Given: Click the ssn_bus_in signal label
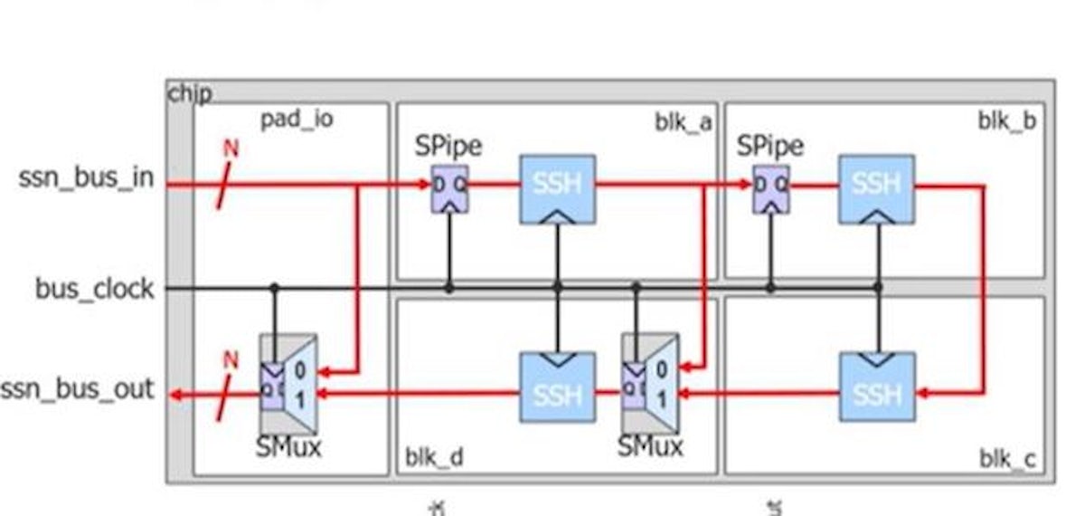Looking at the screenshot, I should (x=86, y=178).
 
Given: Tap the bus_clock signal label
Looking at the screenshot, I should (x=95, y=290).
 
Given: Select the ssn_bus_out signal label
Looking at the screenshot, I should (x=77, y=392).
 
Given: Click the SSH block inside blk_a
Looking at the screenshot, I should (x=557, y=188).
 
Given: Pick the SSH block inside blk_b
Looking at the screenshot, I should (x=875, y=188).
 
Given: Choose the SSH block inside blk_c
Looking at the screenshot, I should (x=876, y=387).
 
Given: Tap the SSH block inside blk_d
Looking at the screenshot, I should (x=557, y=387).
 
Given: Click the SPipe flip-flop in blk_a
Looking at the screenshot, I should (x=448, y=188).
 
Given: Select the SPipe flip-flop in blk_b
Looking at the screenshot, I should (x=770, y=188).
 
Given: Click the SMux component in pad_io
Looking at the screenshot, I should (x=288, y=385).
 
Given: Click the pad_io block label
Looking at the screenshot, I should (x=297, y=119).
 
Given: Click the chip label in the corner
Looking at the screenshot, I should (x=190, y=93).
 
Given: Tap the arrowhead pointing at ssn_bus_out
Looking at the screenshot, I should (x=181, y=395).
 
